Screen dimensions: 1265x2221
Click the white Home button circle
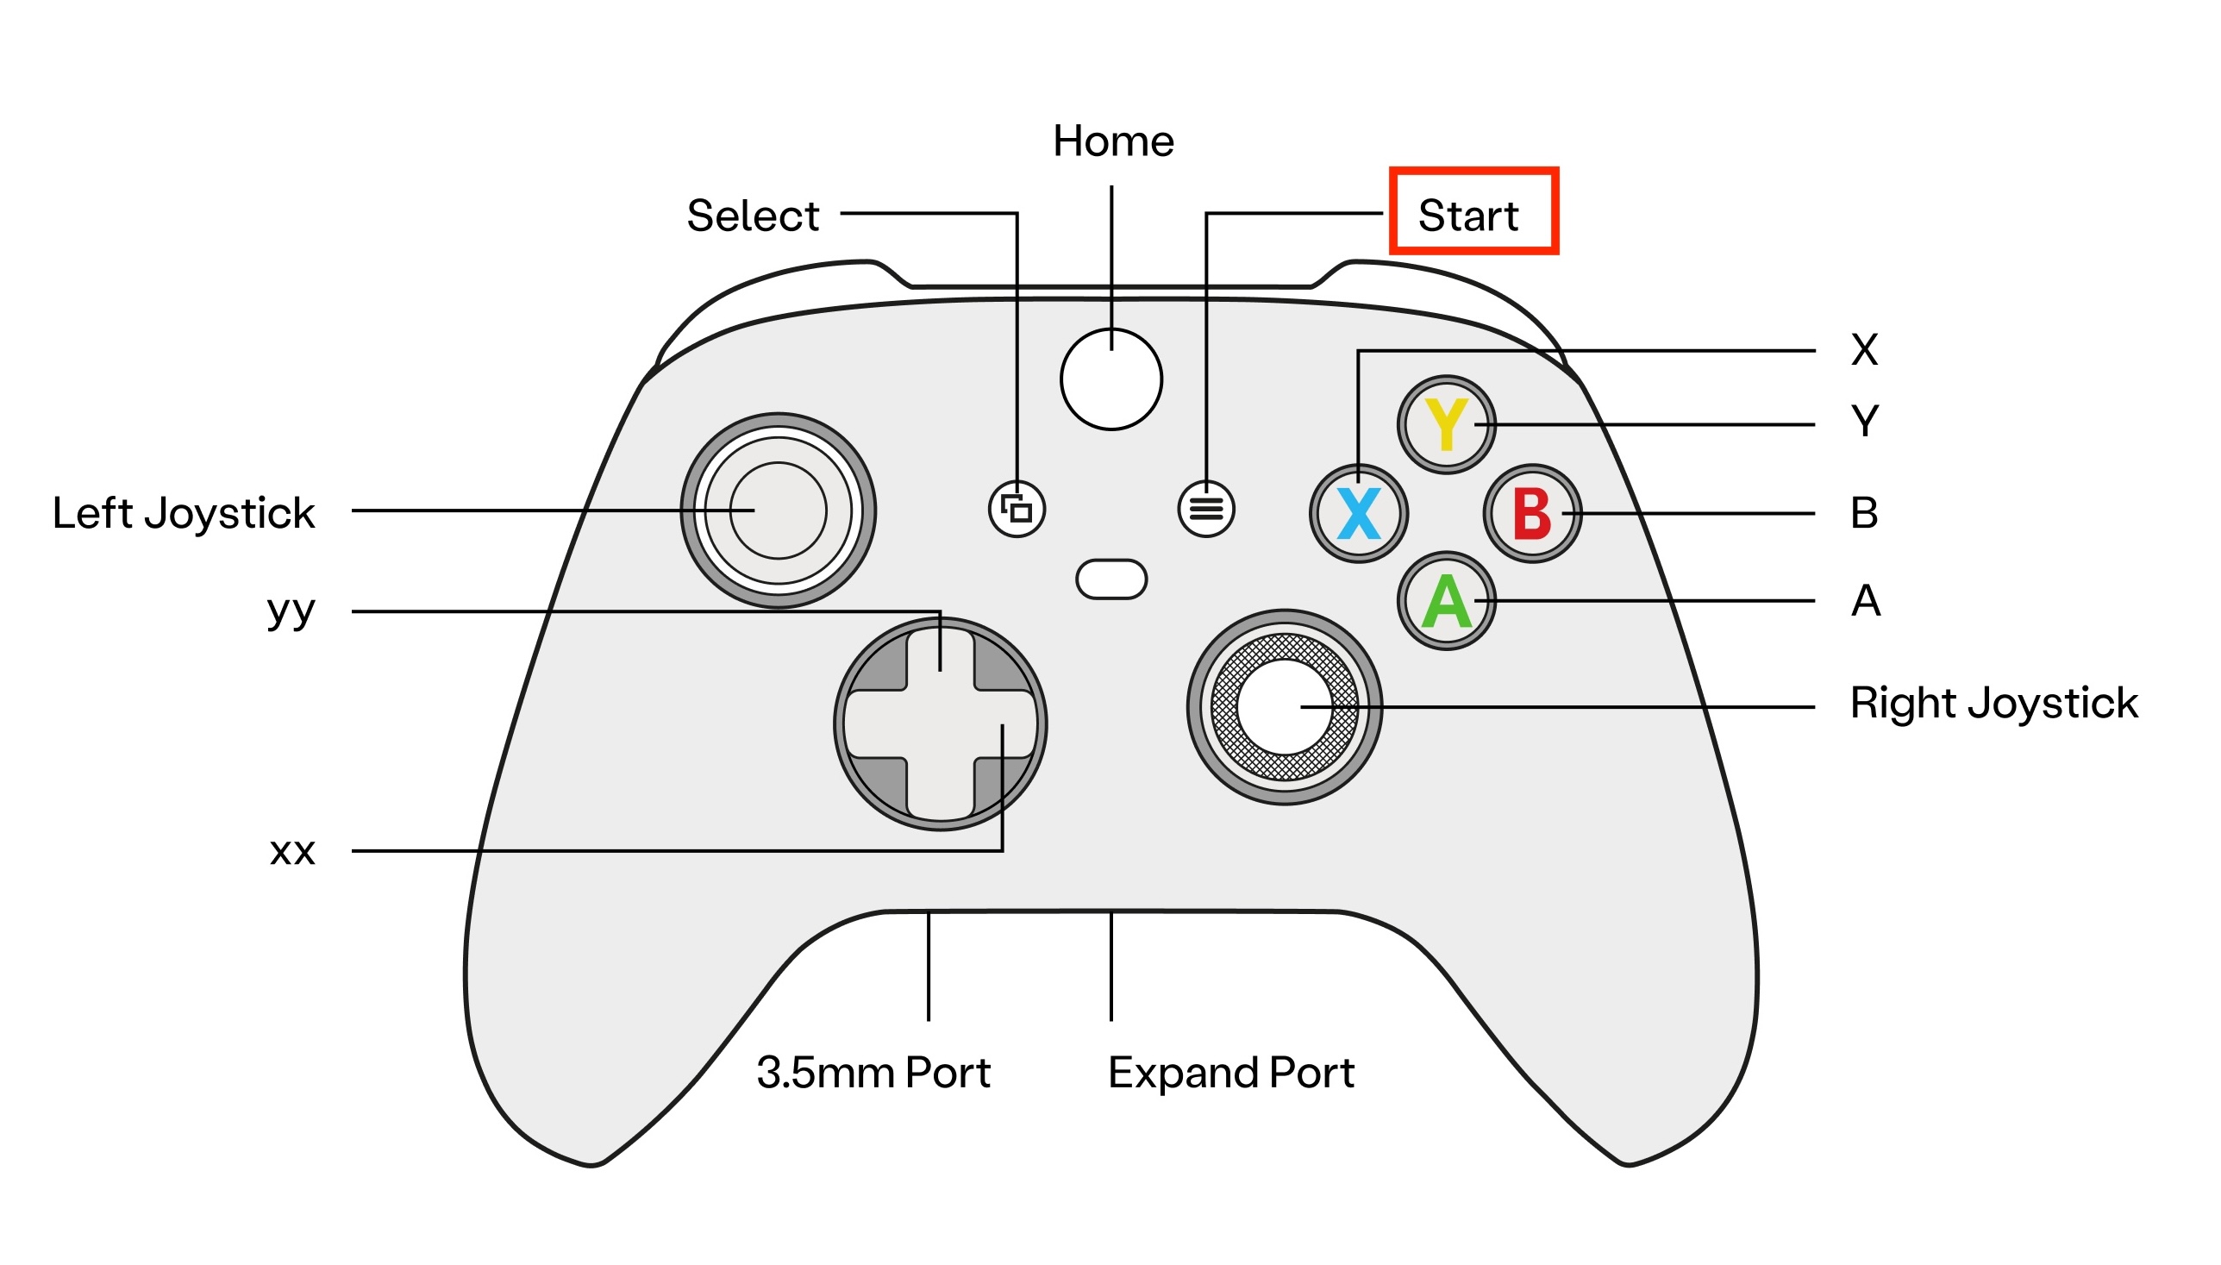click(x=1111, y=379)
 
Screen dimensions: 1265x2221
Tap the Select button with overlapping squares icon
click(x=1017, y=509)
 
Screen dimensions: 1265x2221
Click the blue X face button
click(x=1359, y=513)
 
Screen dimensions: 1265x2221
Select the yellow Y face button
click(x=1446, y=425)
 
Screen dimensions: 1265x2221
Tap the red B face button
click(x=1532, y=513)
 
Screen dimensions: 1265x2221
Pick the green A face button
click(x=1446, y=601)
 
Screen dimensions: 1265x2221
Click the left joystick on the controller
click(x=779, y=510)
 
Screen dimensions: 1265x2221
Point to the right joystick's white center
click(x=1285, y=707)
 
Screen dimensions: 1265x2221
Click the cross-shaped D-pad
click(x=941, y=724)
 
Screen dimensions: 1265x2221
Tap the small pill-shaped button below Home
click(x=1111, y=579)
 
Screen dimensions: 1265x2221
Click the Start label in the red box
click(x=1469, y=216)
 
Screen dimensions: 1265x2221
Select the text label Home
click(x=1113, y=141)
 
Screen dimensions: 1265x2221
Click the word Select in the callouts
click(x=753, y=216)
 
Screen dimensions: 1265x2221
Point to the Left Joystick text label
click(x=184, y=512)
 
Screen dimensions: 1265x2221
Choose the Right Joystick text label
click(x=1993, y=703)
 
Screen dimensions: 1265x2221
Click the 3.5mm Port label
click(x=873, y=1072)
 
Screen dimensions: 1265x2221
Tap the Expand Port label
click(x=1231, y=1072)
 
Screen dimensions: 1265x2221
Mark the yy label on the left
click(x=291, y=611)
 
